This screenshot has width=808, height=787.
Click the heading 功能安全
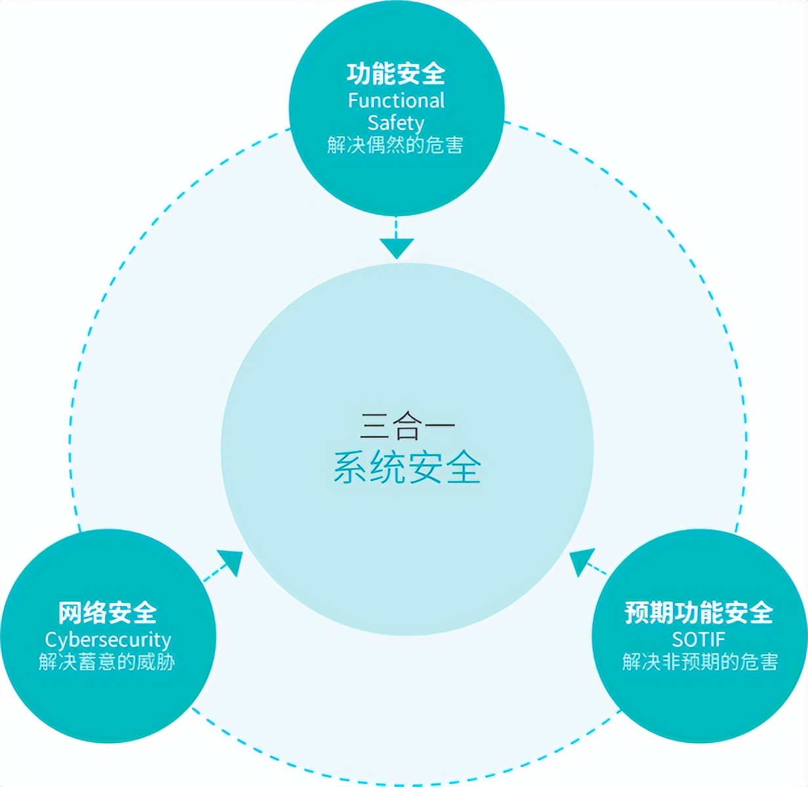tap(395, 73)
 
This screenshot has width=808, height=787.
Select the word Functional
tap(395, 100)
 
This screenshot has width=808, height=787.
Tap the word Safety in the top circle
tap(395, 123)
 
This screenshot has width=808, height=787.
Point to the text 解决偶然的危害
tap(395, 145)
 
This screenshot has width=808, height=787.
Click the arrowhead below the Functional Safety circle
tap(397, 248)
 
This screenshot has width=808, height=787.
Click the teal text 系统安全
tap(407, 468)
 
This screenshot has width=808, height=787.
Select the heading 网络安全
tap(108, 613)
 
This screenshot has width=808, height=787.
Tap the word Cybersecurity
tap(108, 639)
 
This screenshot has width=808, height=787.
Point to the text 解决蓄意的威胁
tap(108, 662)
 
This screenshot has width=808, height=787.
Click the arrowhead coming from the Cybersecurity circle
tap(231, 563)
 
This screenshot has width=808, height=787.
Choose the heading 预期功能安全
tap(698, 613)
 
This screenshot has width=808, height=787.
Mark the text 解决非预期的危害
tap(700, 662)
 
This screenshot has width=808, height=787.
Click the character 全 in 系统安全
tap(464, 468)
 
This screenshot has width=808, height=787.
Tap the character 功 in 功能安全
tap(359, 73)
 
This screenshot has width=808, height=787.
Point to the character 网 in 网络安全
tap(71, 613)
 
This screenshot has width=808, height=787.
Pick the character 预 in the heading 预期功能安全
tap(637, 613)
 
